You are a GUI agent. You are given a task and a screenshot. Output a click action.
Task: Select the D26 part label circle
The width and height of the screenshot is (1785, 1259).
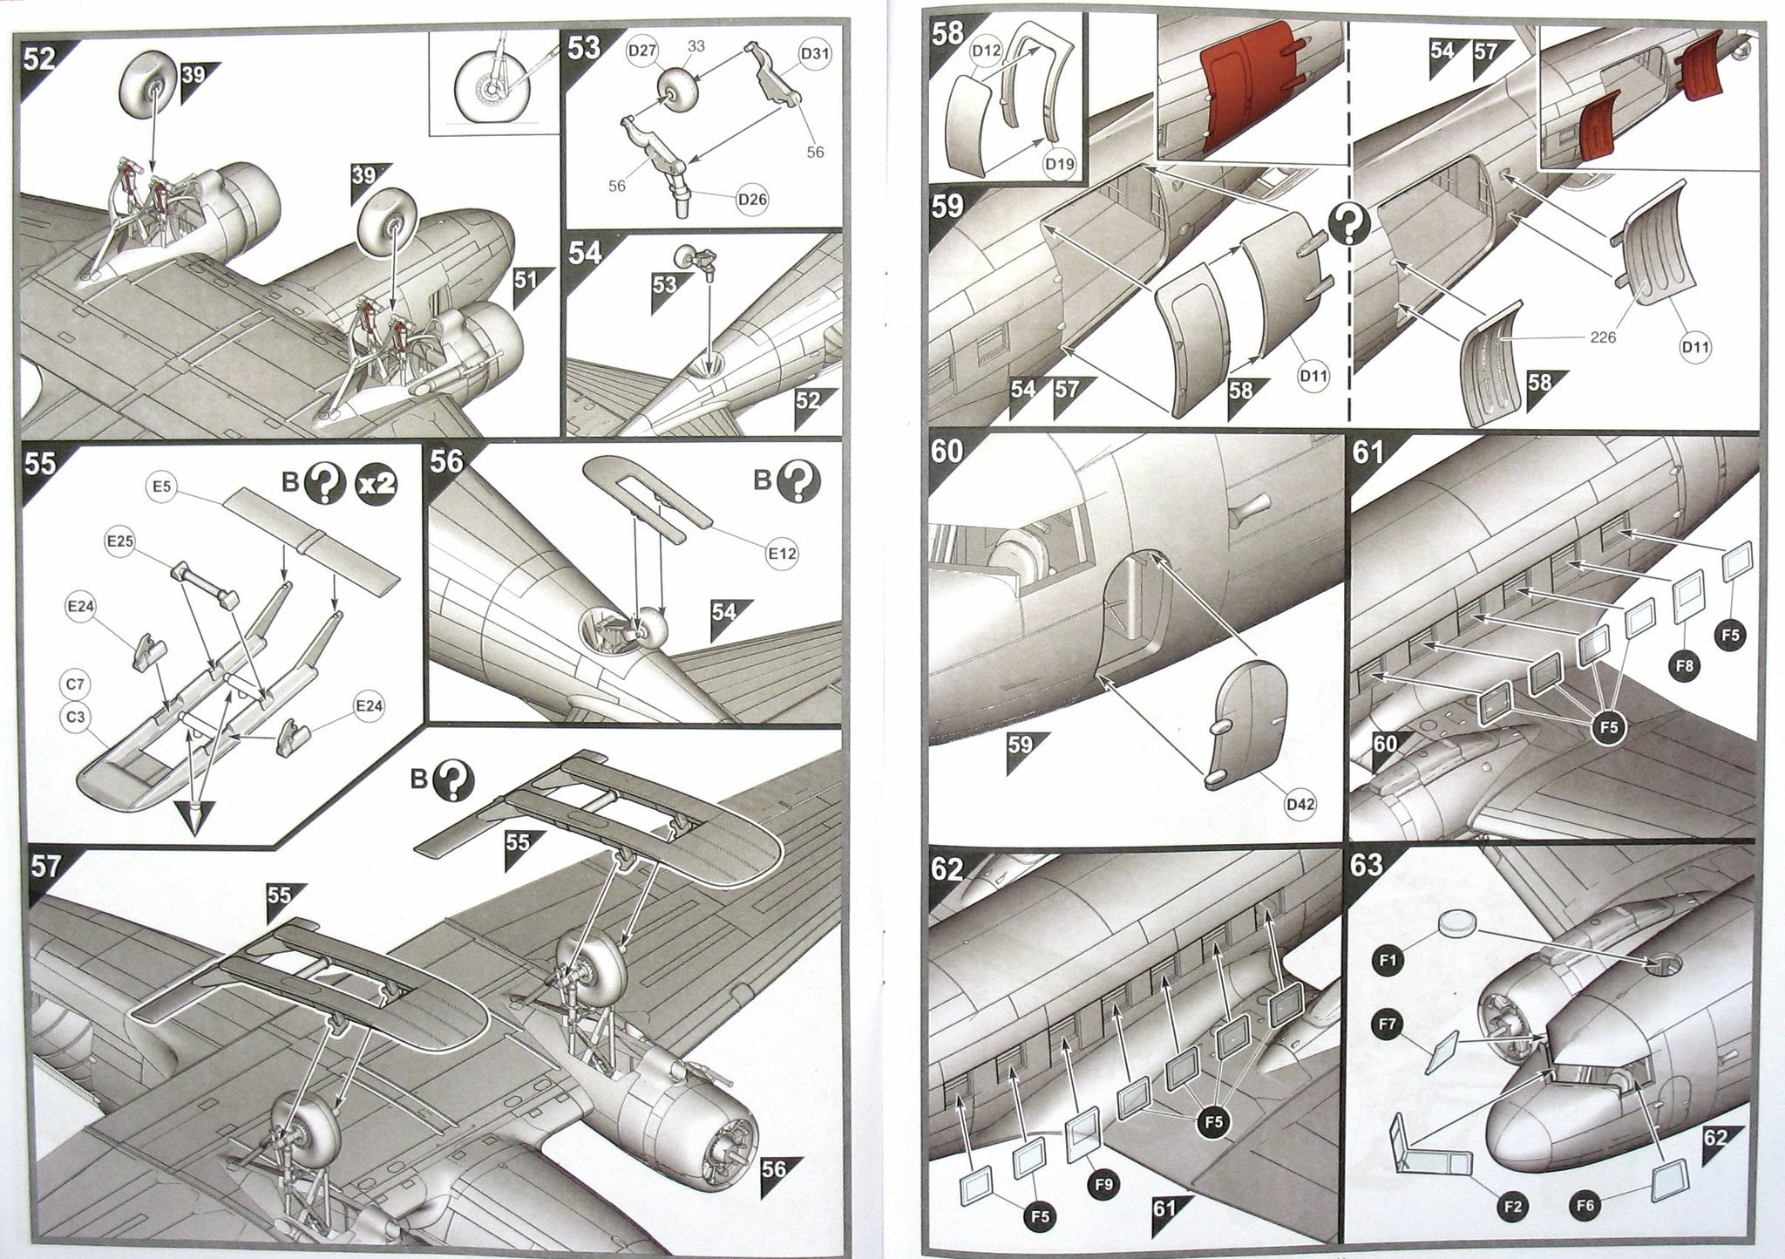[753, 200]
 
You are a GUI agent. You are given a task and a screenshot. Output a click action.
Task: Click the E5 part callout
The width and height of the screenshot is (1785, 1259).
[160, 487]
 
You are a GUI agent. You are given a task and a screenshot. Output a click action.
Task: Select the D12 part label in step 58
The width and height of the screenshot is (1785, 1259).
[987, 51]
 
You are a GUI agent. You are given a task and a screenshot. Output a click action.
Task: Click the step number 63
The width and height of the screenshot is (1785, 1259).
[1366, 865]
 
